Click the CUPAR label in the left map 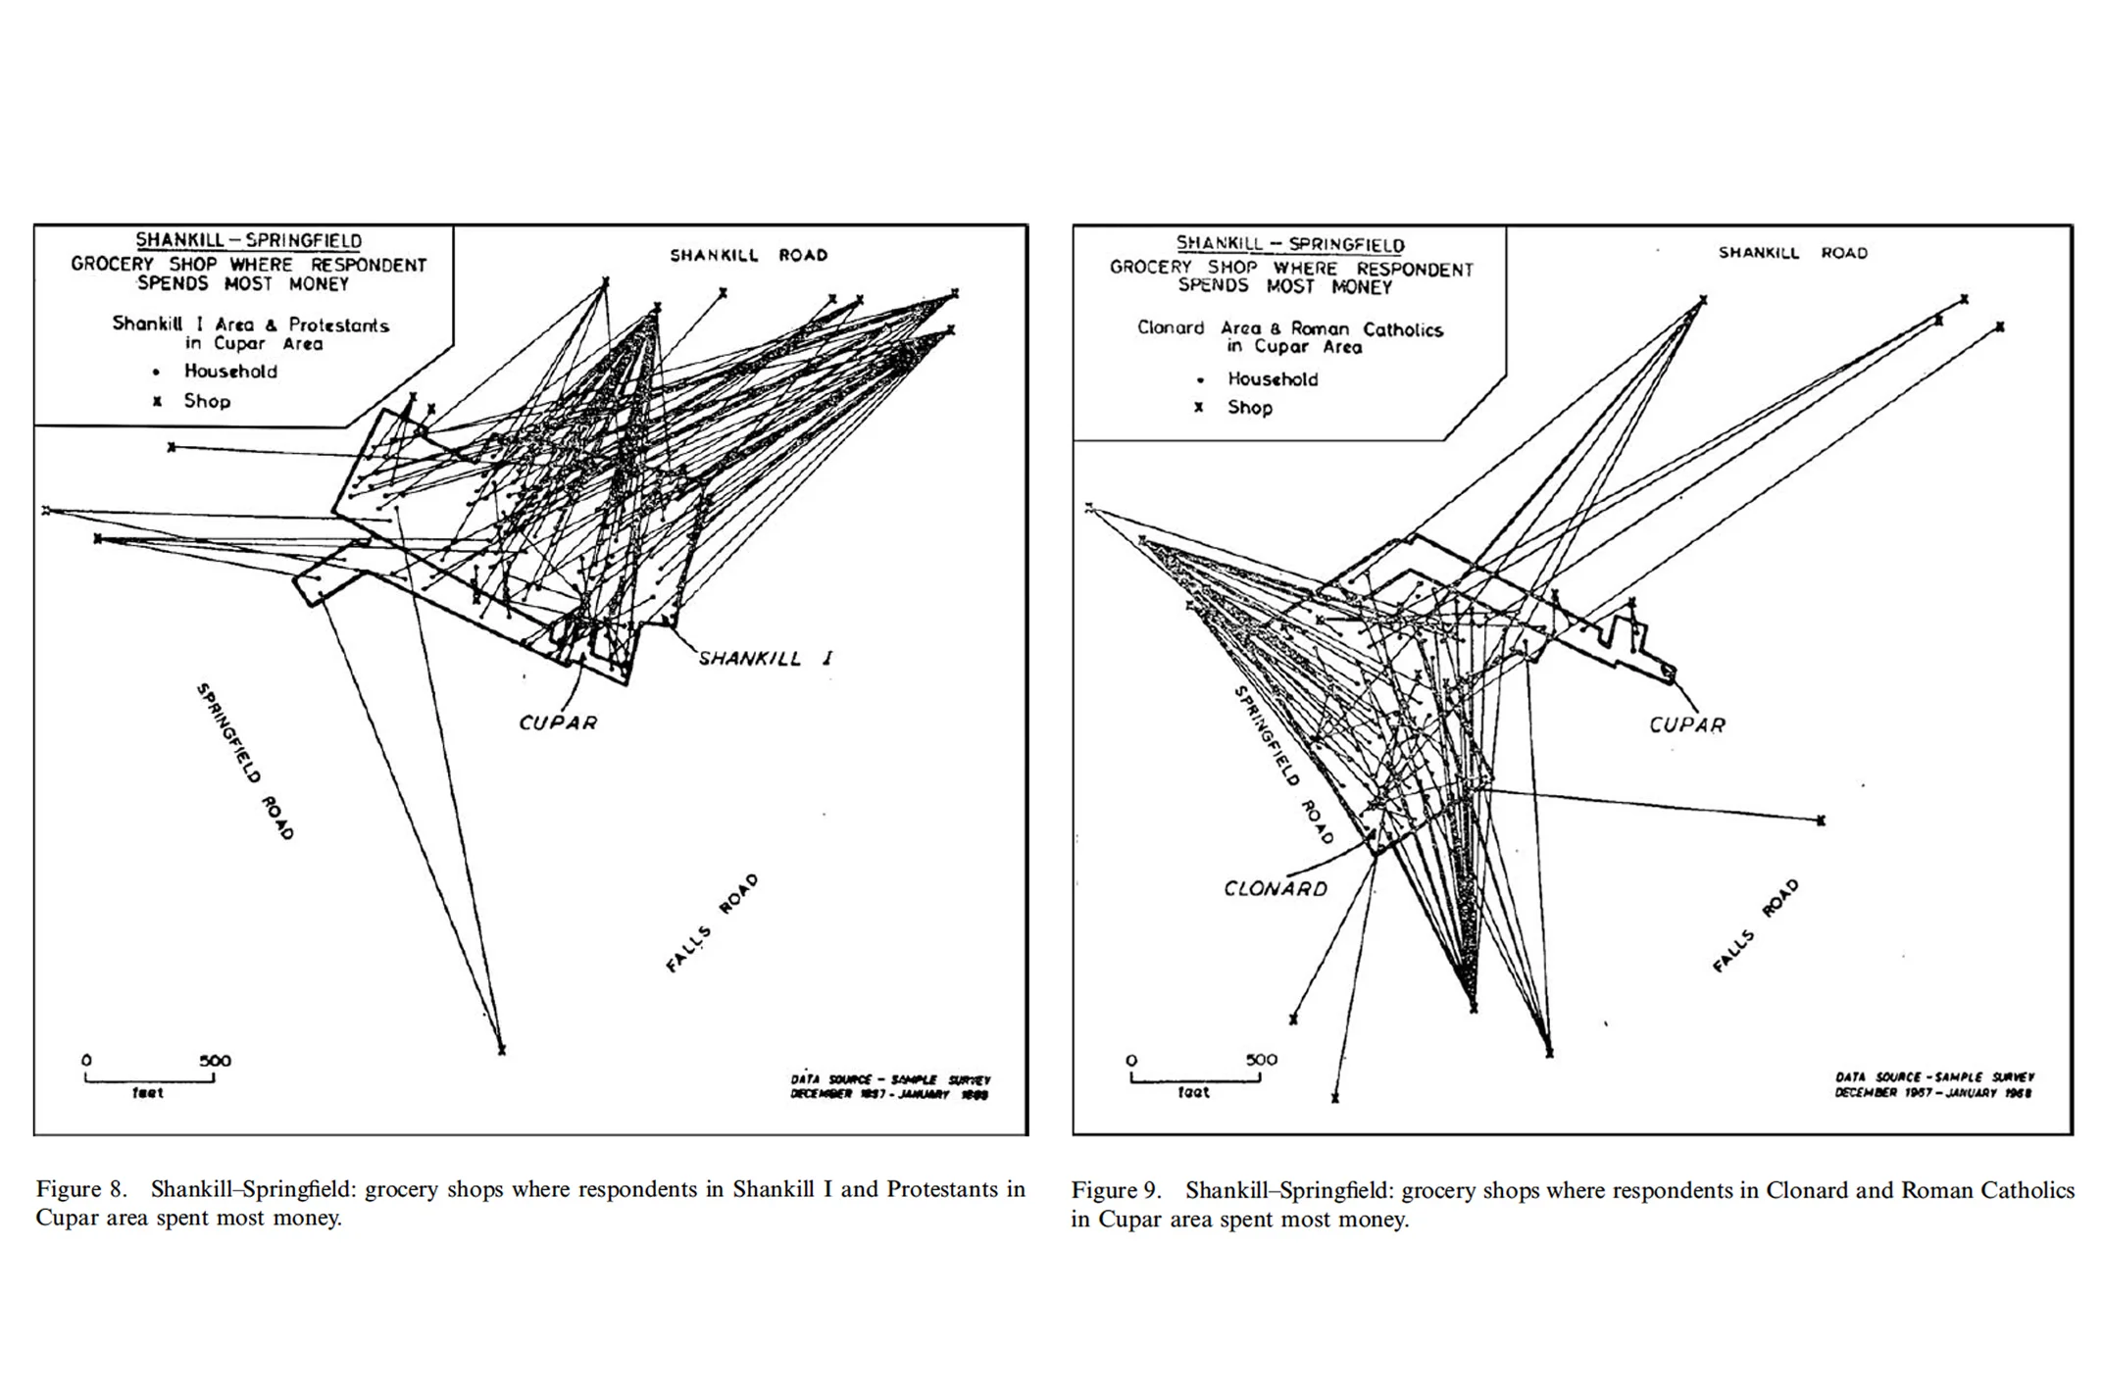[x=558, y=723]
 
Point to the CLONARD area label [x=1275, y=888]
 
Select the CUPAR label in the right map [x=1686, y=724]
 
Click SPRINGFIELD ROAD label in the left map [x=245, y=761]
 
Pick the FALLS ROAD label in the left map [x=712, y=922]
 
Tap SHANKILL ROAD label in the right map [x=1792, y=253]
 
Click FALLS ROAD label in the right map [x=1756, y=925]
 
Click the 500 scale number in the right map [x=1261, y=1060]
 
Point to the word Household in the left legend [x=230, y=372]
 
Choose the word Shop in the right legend [x=1249, y=408]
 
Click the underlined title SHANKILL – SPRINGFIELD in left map [x=248, y=240]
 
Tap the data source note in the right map [x=1933, y=1084]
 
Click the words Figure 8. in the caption [x=81, y=1189]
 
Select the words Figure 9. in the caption [x=1116, y=1190]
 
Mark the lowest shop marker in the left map [x=501, y=1050]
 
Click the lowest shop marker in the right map [x=1334, y=1099]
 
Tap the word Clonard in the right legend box [x=1170, y=328]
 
